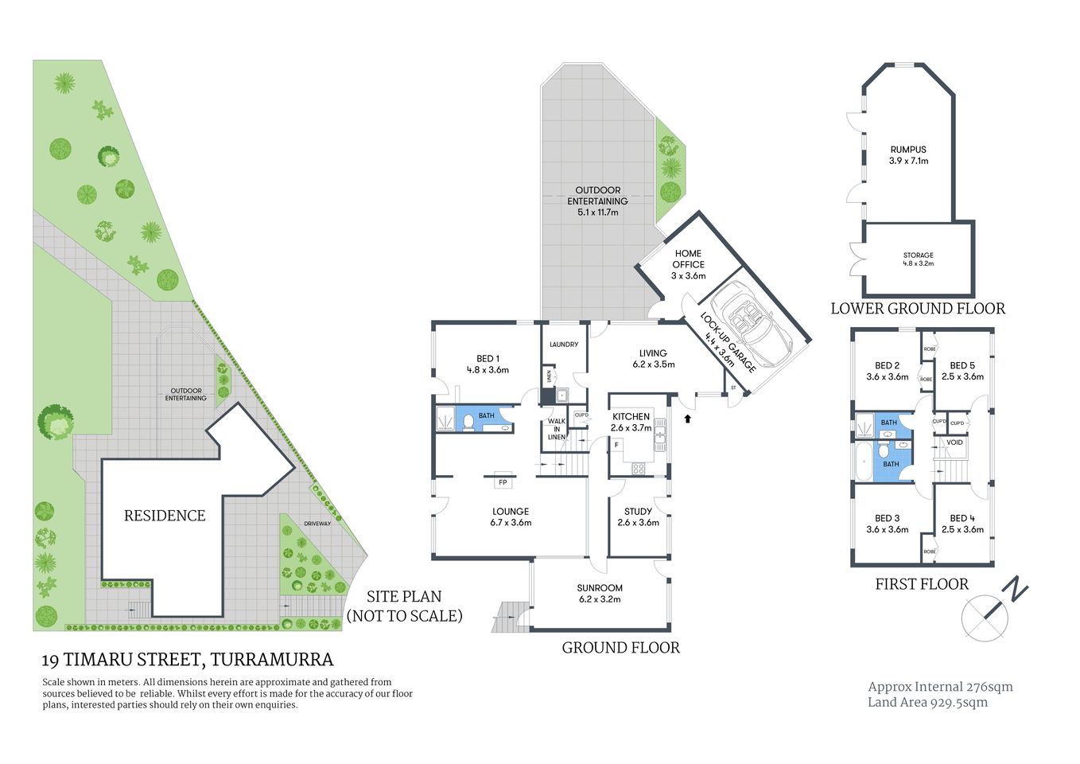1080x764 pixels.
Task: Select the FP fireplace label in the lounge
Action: pyautogui.click(x=503, y=482)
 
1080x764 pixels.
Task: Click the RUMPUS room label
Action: pyautogui.click(x=908, y=150)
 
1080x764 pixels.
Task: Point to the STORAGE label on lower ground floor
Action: pyautogui.click(x=918, y=255)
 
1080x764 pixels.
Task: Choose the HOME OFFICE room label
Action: pyautogui.click(x=688, y=259)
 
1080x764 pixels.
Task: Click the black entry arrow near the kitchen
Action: pyautogui.click(x=688, y=416)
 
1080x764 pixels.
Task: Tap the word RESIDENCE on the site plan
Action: pyautogui.click(x=165, y=516)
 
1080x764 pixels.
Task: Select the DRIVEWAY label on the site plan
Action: pyautogui.click(x=317, y=523)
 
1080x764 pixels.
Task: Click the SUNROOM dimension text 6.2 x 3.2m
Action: pyautogui.click(x=600, y=599)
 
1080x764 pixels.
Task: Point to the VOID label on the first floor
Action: pyautogui.click(x=954, y=442)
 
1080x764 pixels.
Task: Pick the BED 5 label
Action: pyautogui.click(x=962, y=365)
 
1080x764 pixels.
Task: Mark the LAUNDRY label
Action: pyautogui.click(x=564, y=345)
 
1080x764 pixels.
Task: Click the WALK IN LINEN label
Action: pyautogui.click(x=557, y=429)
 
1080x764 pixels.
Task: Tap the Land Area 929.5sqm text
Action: pyautogui.click(x=927, y=702)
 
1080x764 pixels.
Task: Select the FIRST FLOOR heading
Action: pyautogui.click(x=922, y=584)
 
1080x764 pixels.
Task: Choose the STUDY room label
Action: pyautogui.click(x=638, y=512)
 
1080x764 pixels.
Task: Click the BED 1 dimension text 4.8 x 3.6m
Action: pyautogui.click(x=488, y=369)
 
